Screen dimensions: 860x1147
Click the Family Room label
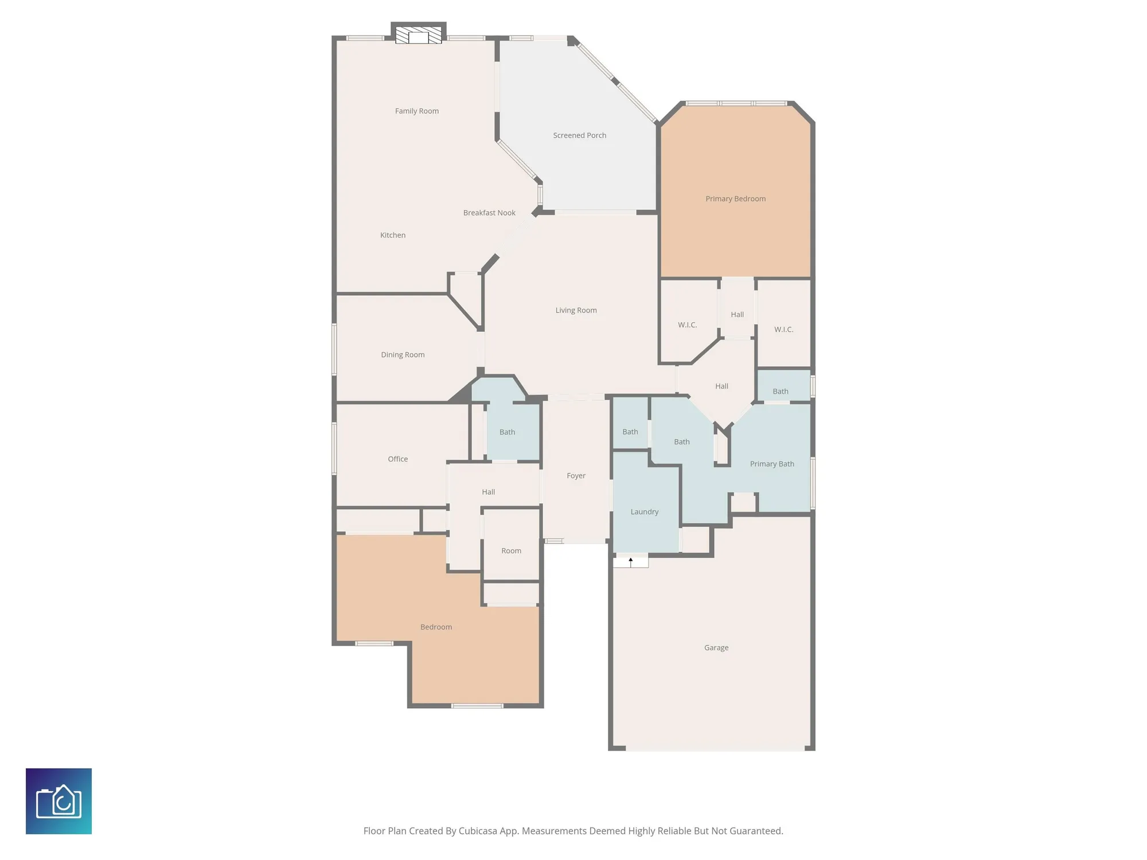click(416, 111)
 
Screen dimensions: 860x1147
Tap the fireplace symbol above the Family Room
click(419, 36)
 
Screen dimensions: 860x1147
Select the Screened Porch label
click(579, 135)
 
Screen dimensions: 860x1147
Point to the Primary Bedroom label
click(735, 199)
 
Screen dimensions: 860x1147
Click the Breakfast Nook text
click(489, 213)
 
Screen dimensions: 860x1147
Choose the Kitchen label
click(393, 235)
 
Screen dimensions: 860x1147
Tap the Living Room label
click(576, 310)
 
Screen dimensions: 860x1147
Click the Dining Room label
click(403, 355)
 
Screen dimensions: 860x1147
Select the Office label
click(397, 459)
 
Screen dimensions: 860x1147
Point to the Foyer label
click(576, 476)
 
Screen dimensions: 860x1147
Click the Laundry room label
click(644, 512)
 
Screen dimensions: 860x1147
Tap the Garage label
click(716, 648)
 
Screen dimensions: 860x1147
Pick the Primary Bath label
click(772, 464)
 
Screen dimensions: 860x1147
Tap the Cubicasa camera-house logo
click(58, 801)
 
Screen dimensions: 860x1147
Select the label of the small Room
click(511, 551)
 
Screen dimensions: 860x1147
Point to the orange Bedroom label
click(436, 627)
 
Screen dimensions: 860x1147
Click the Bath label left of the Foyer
click(507, 432)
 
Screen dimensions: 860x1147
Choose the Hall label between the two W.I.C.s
click(737, 315)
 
